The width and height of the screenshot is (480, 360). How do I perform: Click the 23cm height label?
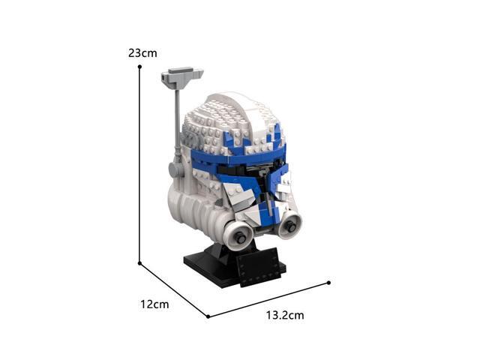(x=142, y=53)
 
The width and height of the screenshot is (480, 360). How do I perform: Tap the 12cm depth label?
(x=154, y=304)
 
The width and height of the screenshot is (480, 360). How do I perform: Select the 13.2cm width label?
(x=285, y=315)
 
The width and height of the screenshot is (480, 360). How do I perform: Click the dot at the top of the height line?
(x=139, y=67)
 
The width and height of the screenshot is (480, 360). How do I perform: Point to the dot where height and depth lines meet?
(x=139, y=263)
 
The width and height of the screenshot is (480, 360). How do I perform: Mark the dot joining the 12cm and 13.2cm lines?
(x=208, y=316)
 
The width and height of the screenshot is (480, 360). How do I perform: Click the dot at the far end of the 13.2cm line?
(x=328, y=283)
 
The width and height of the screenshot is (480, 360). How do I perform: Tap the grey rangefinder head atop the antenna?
(x=181, y=78)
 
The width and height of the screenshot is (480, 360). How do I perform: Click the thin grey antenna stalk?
(x=178, y=122)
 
